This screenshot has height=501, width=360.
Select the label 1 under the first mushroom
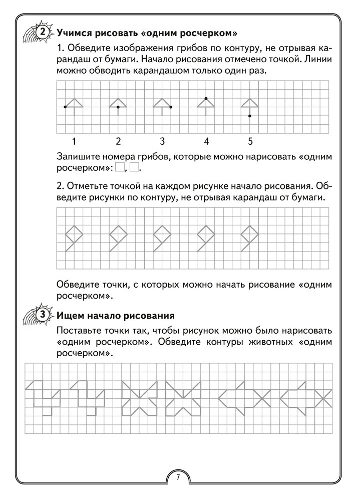point(74,140)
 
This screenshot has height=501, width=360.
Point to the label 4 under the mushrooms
point(206,140)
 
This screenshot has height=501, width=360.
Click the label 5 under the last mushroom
point(250,140)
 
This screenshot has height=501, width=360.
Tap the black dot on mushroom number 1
point(66,107)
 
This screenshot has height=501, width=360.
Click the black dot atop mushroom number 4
point(206,98)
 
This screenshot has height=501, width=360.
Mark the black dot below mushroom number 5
point(250,116)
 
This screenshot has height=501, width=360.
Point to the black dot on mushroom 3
point(171,107)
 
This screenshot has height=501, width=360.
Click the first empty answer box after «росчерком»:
point(120,167)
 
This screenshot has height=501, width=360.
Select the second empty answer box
point(134,167)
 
